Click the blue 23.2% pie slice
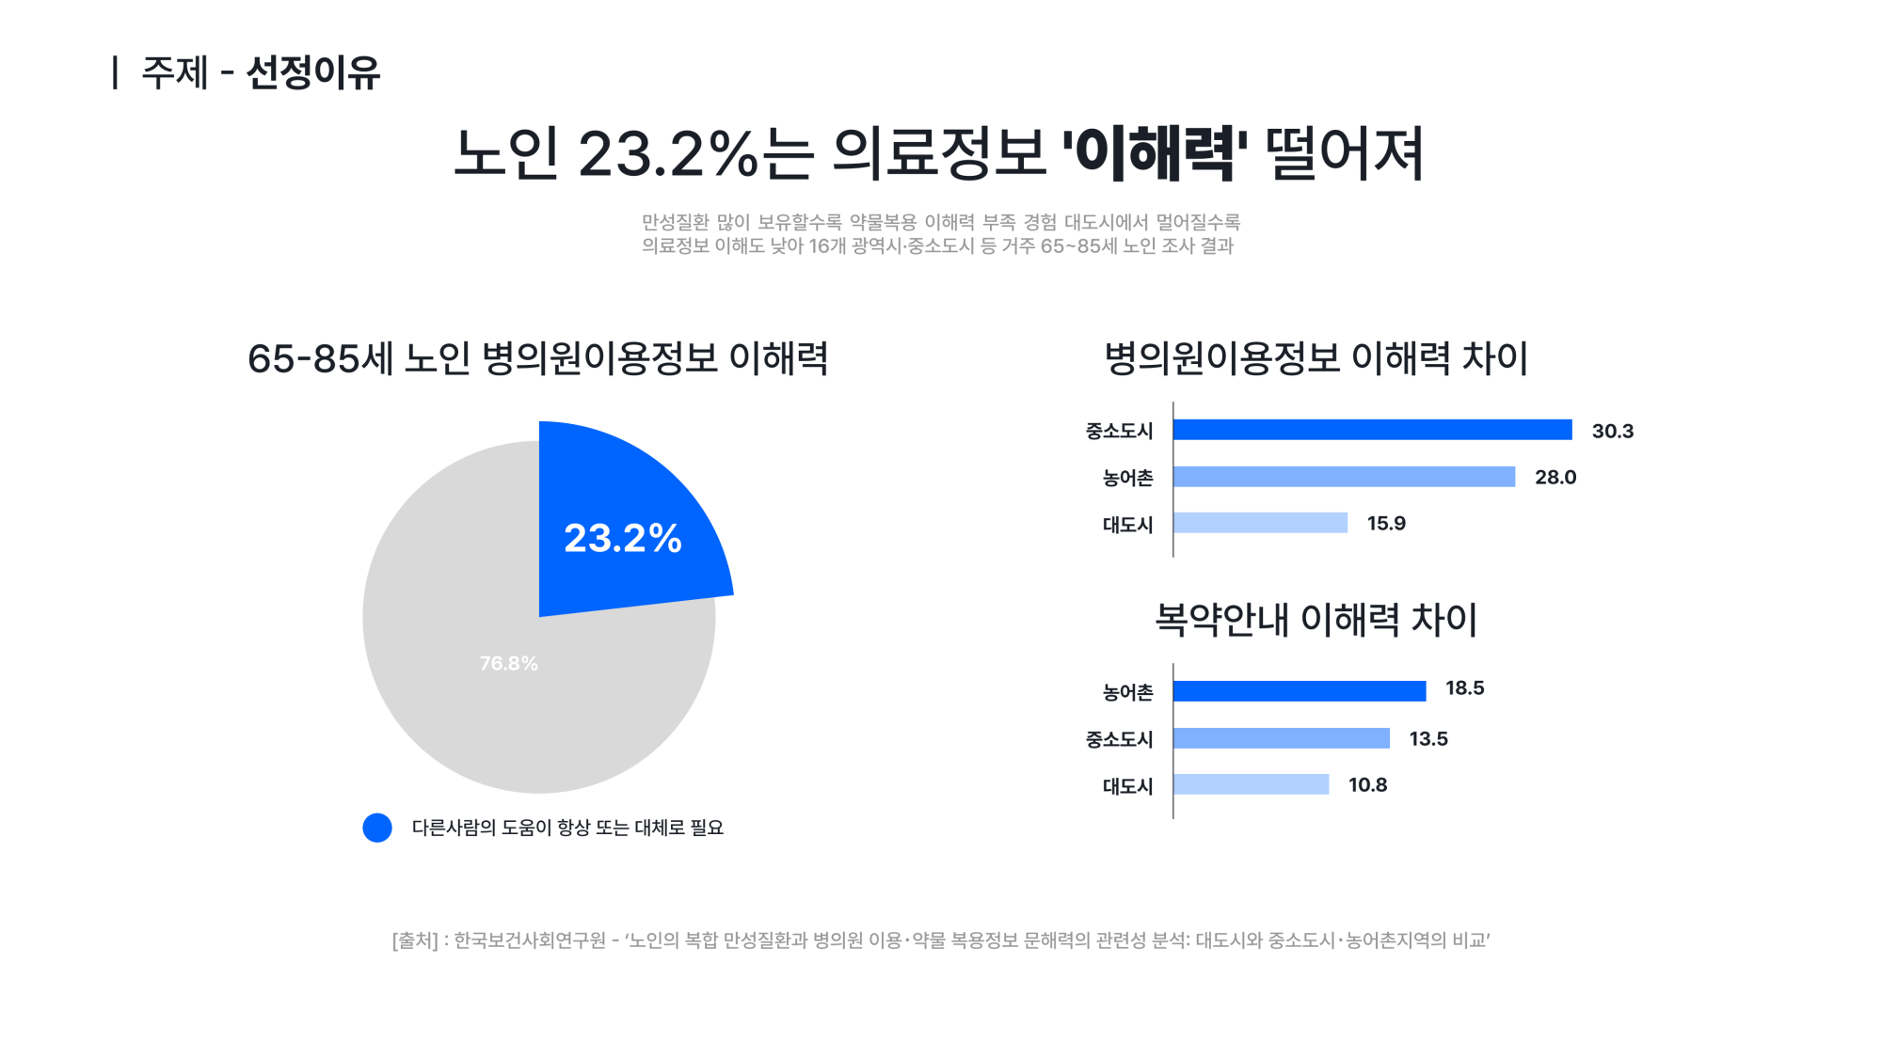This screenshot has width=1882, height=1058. [x=621, y=527]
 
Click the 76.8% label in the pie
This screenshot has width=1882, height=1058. [x=508, y=663]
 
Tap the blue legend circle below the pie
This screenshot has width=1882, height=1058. [x=377, y=828]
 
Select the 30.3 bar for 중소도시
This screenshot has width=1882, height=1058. [x=1372, y=430]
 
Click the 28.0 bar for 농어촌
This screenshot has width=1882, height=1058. [x=1344, y=477]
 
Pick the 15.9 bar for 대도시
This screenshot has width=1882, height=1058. [x=1260, y=523]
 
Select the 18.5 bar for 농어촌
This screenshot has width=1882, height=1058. [x=1300, y=691]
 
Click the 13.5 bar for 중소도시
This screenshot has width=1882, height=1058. [x=1281, y=738]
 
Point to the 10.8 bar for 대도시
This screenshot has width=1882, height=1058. [x=1251, y=784]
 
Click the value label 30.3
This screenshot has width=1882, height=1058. [x=1612, y=431]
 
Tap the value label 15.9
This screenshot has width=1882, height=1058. [x=1386, y=523]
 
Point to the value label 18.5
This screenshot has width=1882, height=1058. [x=1464, y=687]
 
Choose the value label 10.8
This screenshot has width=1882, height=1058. [x=1367, y=784]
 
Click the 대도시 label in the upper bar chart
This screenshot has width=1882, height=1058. [x=1127, y=525]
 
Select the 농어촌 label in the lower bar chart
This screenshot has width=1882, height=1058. [x=1127, y=692]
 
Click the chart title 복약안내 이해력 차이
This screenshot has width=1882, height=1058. [x=1316, y=620]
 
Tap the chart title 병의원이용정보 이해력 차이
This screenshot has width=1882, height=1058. [x=1316, y=358]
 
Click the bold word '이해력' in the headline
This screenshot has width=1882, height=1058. [x=1155, y=153]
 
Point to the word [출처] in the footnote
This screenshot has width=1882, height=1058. [x=415, y=940]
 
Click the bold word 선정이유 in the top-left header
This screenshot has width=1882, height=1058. [x=312, y=72]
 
